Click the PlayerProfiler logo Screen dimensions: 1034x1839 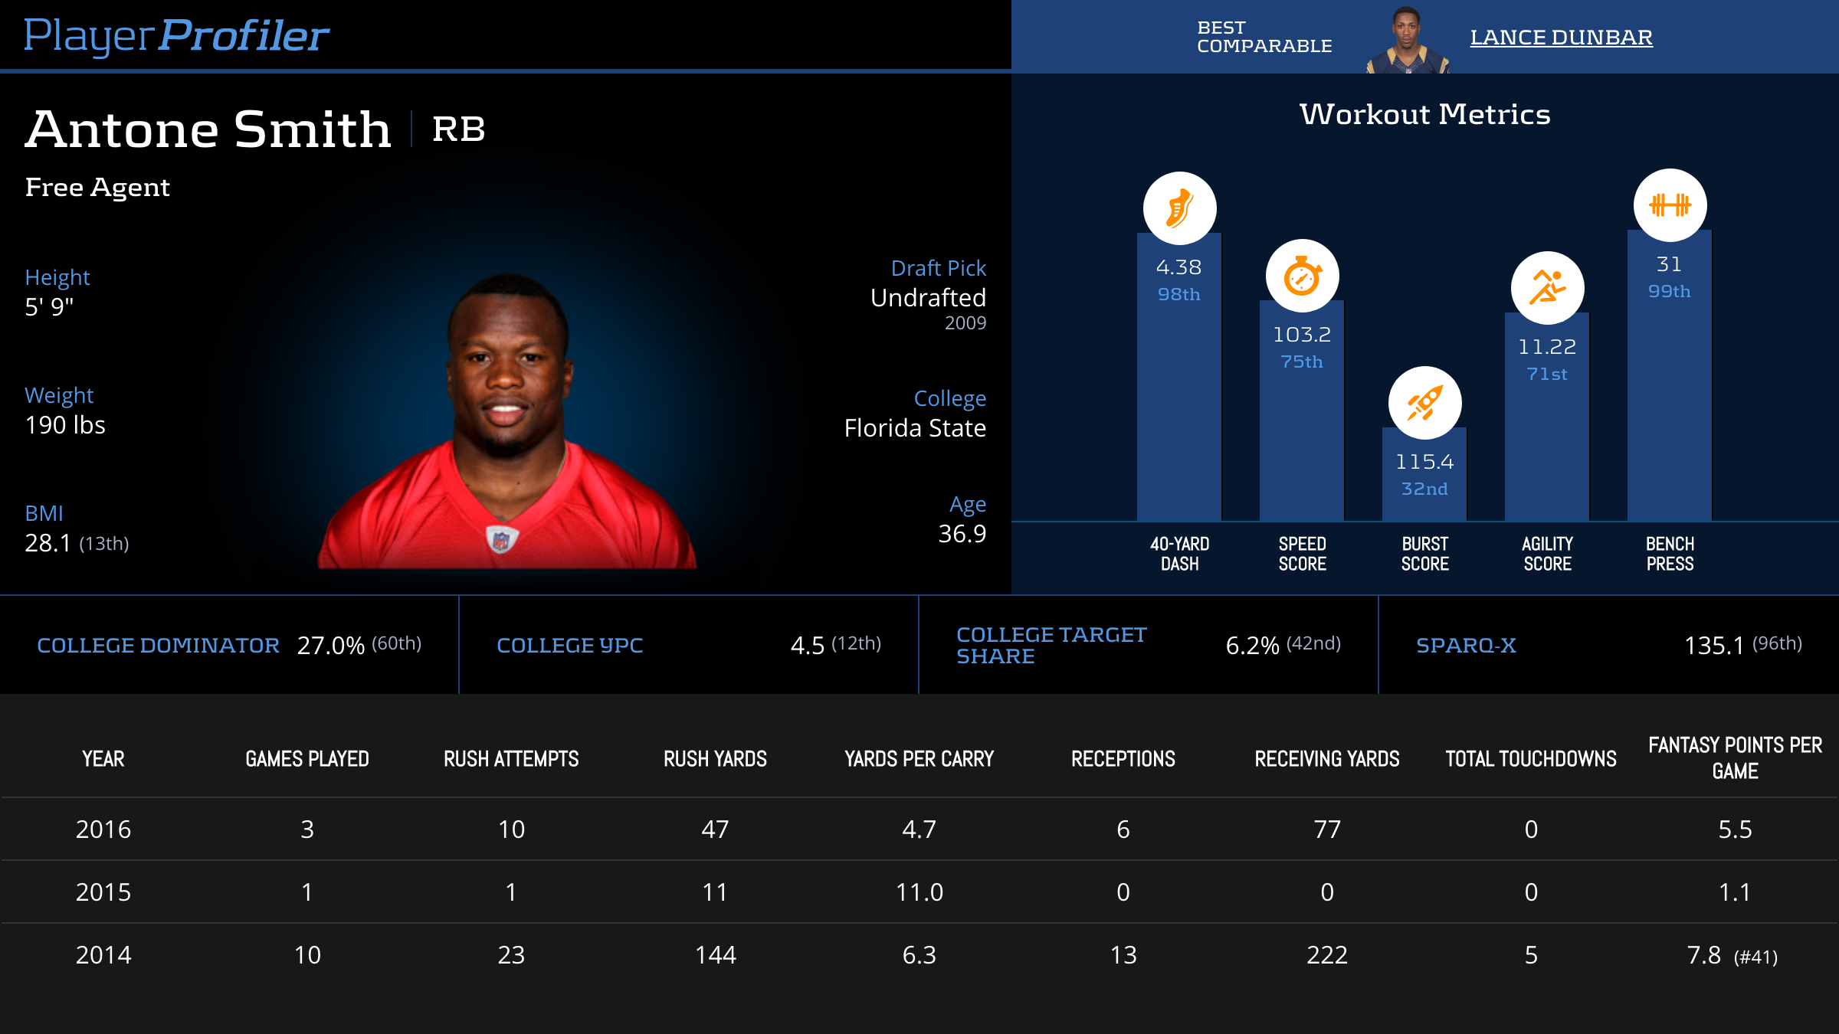[x=176, y=35]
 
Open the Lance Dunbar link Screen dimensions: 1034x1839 [x=1561, y=37]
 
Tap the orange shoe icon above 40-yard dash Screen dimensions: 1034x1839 [x=1179, y=208]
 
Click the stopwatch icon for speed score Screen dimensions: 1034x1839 [x=1302, y=276]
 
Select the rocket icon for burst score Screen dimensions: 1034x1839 [x=1424, y=403]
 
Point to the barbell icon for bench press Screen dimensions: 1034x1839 [x=1670, y=205]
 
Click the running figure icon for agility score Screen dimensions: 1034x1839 [x=1547, y=288]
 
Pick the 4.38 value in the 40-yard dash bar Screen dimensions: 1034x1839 [x=1178, y=267]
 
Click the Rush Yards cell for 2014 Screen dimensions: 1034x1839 [x=715, y=955]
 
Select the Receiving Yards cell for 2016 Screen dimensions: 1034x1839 [x=1327, y=829]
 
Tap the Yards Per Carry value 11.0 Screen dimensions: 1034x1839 [x=919, y=892]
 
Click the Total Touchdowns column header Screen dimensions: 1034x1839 [x=1530, y=759]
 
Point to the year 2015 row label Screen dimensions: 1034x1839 [x=103, y=892]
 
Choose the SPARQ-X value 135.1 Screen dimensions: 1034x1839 [x=1713, y=646]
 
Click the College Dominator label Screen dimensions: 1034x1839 [x=158, y=646]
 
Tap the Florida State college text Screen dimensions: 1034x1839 [x=914, y=428]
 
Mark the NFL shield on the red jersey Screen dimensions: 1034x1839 [x=501, y=539]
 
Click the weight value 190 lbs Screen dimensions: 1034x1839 [x=65, y=425]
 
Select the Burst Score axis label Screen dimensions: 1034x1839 [x=1424, y=554]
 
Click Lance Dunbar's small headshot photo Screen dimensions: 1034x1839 [x=1407, y=40]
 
